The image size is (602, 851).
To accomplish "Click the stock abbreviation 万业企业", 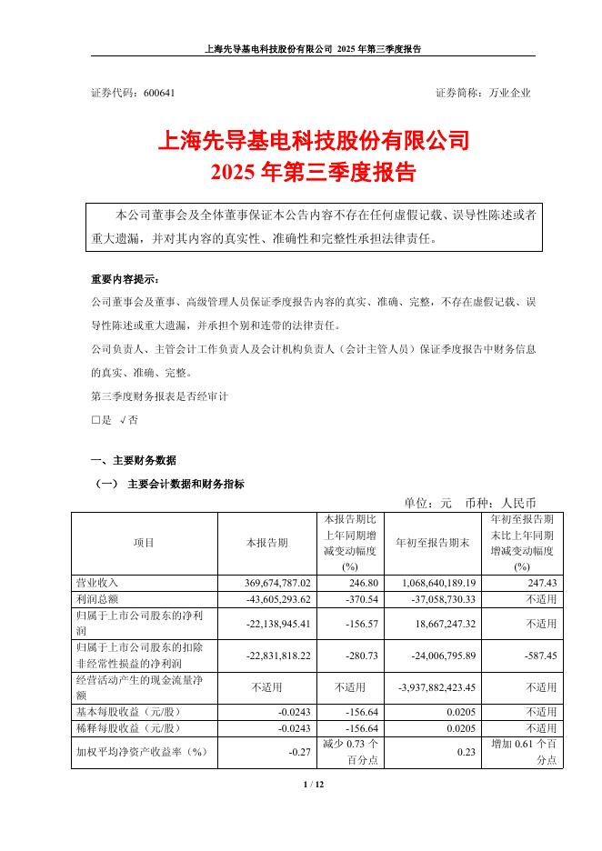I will [510, 93].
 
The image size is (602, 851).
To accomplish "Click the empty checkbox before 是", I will [95, 420].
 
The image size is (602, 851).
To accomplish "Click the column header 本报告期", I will [266, 542].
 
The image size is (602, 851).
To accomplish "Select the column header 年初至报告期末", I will [432, 542].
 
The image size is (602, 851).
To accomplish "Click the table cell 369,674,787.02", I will [274, 582].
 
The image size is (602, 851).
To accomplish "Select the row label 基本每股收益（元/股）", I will [130, 712].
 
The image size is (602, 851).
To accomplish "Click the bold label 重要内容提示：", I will [124, 279].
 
